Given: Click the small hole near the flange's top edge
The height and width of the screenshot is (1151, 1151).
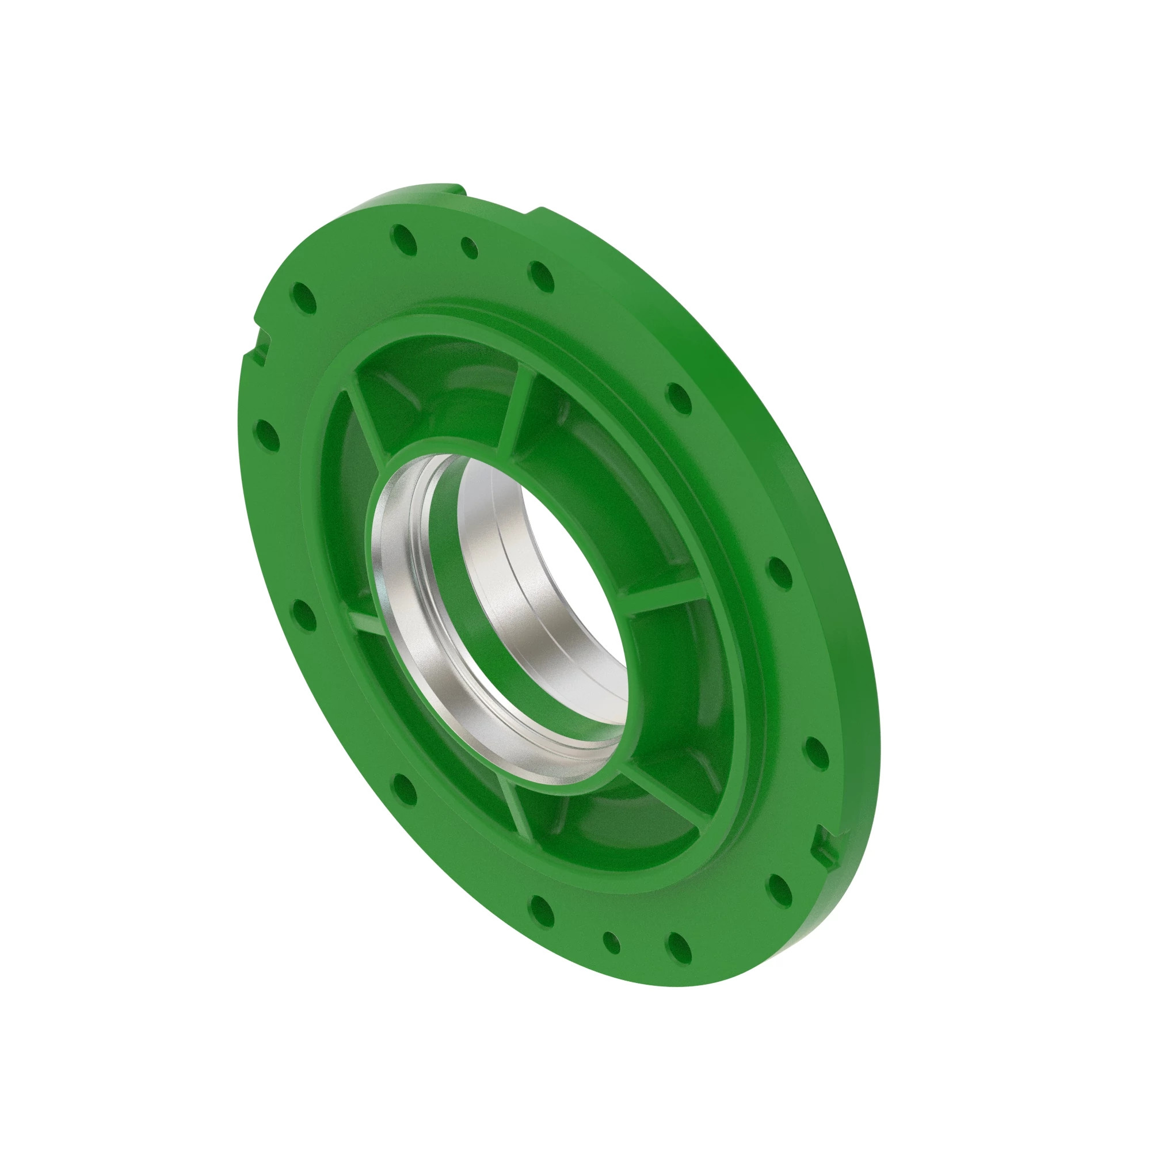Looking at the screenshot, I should click(x=470, y=248).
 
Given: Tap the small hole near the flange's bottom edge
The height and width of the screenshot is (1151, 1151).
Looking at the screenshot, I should click(x=611, y=942).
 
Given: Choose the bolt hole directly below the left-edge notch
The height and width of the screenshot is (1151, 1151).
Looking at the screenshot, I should click(x=266, y=435).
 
